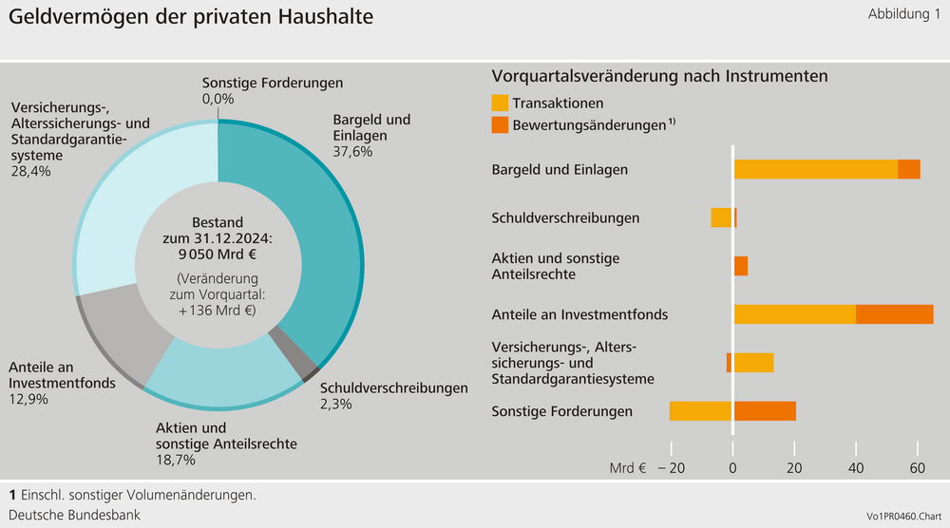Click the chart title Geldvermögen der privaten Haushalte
click(191, 17)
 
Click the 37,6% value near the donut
click(352, 151)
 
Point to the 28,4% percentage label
click(31, 171)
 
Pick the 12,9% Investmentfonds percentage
click(28, 399)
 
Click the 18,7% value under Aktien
click(176, 460)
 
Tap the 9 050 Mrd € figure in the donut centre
click(218, 254)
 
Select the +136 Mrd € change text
click(218, 311)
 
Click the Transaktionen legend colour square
click(500, 103)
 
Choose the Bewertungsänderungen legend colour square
click(500, 124)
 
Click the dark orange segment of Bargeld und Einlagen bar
click(909, 169)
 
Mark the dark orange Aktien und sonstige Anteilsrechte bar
click(741, 266)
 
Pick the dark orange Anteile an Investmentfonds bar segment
click(894, 314)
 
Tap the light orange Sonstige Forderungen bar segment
click(701, 411)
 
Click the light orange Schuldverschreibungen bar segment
click(721, 217)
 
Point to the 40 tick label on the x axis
click(856, 467)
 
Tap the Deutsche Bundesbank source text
click(74, 514)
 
